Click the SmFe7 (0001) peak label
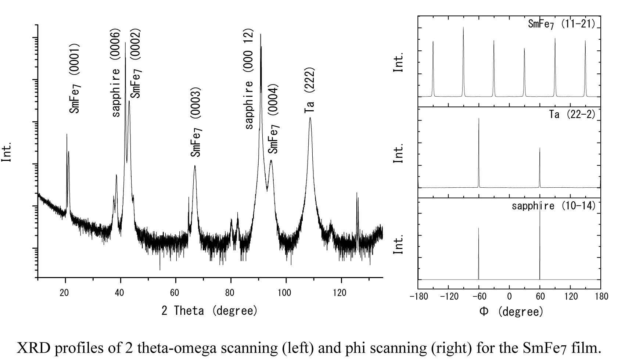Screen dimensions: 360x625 [x=75, y=79]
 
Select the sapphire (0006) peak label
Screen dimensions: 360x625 [x=116, y=73]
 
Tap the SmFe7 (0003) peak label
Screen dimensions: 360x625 [x=196, y=122]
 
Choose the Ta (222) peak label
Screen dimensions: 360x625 [x=310, y=90]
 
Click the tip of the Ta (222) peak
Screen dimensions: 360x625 [x=310, y=118]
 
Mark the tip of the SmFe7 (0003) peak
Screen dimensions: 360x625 [x=195, y=166]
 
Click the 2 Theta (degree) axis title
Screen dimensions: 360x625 [x=209, y=311]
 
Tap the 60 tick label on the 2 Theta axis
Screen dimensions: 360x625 [x=175, y=293]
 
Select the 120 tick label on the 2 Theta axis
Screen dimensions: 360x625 [x=341, y=293]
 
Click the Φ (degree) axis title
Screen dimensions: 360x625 [x=511, y=312]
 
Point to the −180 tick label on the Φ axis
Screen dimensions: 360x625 [x=419, y=296]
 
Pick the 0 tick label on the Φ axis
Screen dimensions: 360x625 [x=509, y=296]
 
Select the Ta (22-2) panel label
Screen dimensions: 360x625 [x=572, y=114]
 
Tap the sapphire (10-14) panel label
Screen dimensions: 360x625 [x=553, y=206]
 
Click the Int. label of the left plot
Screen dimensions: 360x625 [x=7, y=151]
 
